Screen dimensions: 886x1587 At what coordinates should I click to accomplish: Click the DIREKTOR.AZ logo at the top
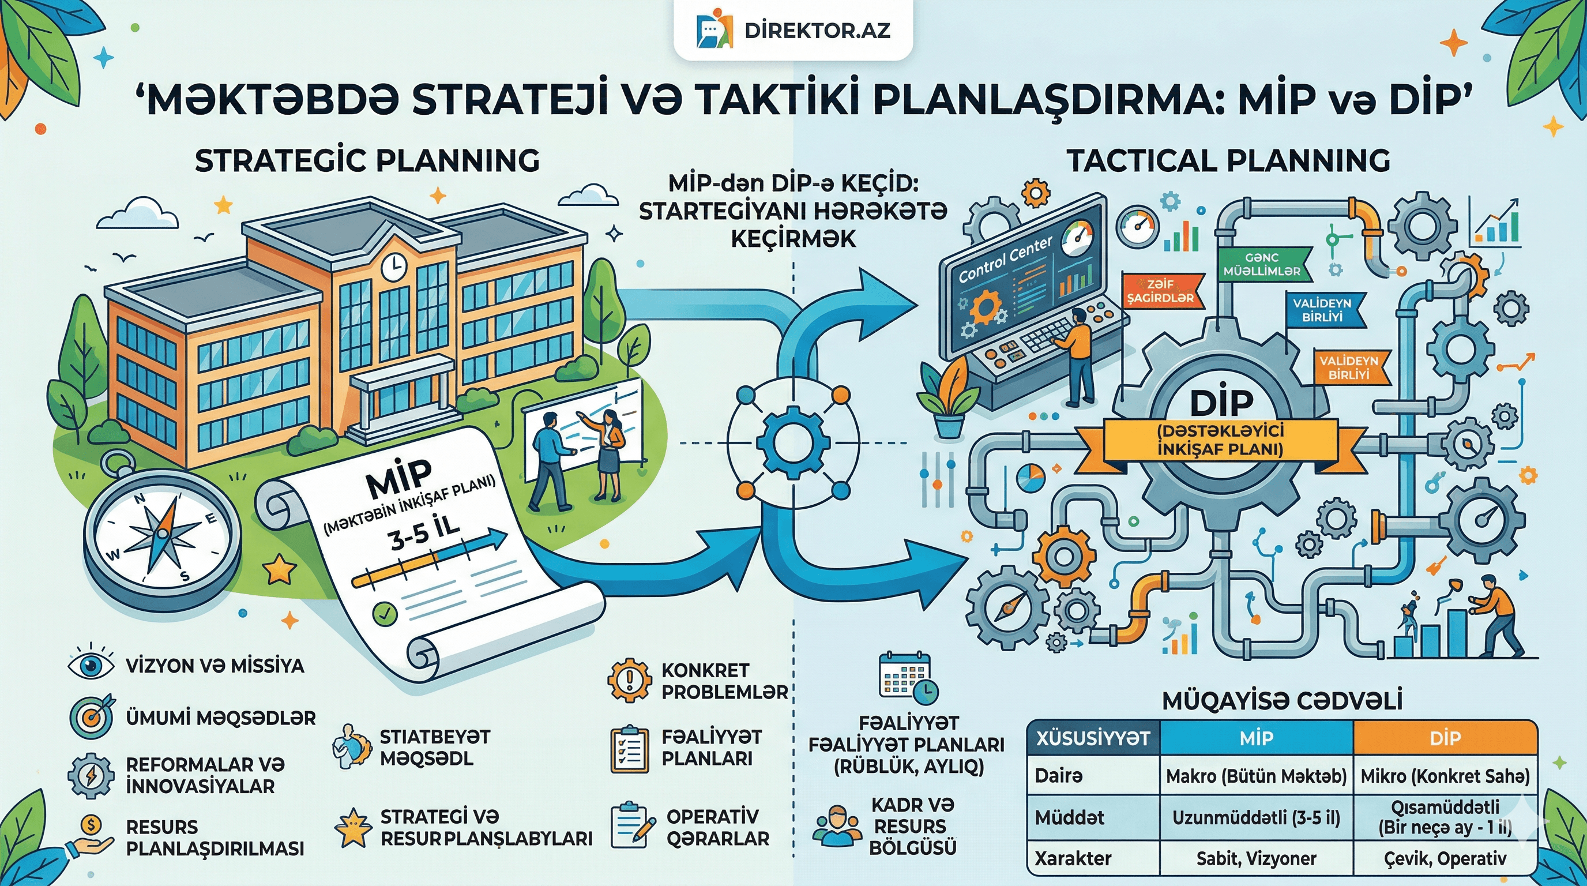(x=793, y=30)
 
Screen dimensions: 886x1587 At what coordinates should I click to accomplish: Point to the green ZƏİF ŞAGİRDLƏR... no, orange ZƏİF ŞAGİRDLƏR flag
(x=1160, y=291)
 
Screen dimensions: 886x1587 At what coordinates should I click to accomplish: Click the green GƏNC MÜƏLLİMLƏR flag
(x=1262, y=264)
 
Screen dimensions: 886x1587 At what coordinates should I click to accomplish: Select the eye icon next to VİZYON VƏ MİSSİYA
(x=91, y=666)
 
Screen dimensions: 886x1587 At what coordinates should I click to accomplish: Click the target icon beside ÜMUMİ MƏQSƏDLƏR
(x=91, y=717)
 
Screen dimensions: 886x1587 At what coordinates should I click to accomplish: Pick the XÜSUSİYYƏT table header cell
(x=1092, y=738)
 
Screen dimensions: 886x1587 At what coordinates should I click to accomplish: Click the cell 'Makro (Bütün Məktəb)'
(x=1255, y=776)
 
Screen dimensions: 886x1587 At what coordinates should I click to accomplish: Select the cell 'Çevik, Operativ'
(x=1445, y=858)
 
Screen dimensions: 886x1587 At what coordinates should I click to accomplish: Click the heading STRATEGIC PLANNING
(x=367, y=161)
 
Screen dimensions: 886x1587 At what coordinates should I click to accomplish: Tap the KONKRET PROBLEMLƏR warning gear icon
(x=629, y=680)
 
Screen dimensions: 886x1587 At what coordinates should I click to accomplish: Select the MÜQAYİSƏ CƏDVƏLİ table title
(x=1281, y=700)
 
